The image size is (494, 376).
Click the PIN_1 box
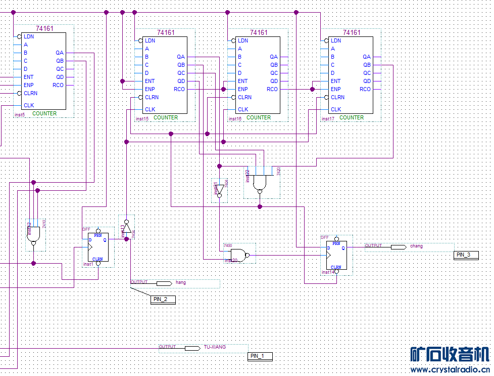(261, 356)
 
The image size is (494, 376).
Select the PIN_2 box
(164, 299)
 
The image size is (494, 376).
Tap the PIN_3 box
(465, 255)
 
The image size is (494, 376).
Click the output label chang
(416, 246)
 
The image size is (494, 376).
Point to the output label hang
(181, 282)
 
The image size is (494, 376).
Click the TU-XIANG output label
(215, 347)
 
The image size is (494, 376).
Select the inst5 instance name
(20, 115)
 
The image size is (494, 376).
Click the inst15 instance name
(142, 119)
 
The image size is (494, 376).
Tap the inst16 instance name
(235, 119)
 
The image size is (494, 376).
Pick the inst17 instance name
(328, 119)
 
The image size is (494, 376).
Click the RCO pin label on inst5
(58, 85)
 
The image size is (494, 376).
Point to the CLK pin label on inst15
(150, 109)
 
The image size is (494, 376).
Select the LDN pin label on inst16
(243, 40)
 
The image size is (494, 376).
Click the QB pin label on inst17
(367, 65)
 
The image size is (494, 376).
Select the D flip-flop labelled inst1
(98, 246)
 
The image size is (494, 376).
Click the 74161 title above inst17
(352, 32)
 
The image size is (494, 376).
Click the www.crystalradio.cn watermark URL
(450, 370)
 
